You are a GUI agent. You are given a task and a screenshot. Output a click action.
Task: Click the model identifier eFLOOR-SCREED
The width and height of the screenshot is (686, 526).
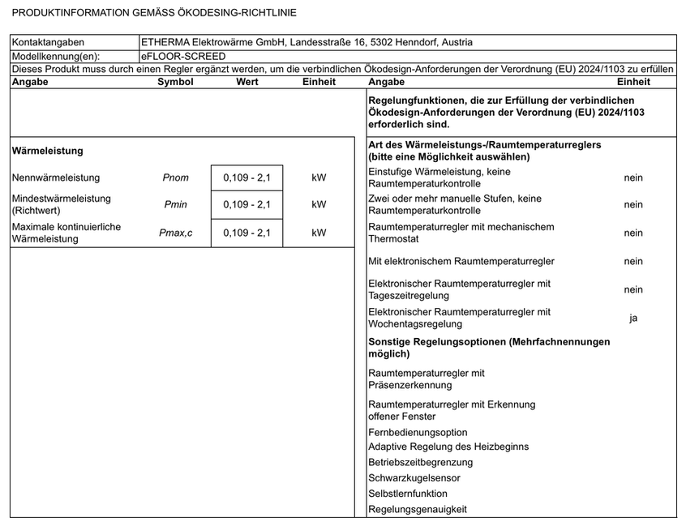[183, 57]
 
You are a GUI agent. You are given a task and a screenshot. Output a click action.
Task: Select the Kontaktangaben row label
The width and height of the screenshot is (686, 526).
[48, 43]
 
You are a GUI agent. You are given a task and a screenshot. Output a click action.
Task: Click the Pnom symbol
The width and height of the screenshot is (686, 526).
[175, 177]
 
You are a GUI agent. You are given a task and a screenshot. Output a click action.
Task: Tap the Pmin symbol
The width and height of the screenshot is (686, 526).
[175, 205]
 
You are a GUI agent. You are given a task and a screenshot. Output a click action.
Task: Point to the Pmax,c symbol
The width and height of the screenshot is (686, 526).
[175, 233]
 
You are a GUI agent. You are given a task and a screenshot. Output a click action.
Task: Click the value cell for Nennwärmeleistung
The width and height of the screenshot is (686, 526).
[247, 177]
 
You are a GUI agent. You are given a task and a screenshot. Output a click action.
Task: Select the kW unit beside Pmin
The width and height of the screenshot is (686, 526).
[319, 205]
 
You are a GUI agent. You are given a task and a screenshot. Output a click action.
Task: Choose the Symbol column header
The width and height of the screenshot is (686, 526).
[175, 82]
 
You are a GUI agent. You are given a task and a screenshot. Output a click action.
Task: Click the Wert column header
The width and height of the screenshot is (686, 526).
[247, 82]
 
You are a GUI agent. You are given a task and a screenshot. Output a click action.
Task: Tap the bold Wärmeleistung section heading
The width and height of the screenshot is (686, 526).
[48, 151]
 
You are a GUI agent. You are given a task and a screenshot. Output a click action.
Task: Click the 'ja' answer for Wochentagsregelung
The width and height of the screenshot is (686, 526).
[633, 318]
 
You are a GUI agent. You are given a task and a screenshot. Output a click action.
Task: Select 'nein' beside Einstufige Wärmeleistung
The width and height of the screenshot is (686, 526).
[633, 177]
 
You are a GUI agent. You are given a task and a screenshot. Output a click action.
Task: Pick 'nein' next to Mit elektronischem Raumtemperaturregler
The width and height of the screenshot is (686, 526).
[633, 261]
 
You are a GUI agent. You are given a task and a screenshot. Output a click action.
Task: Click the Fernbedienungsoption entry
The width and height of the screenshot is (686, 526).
[418, 432]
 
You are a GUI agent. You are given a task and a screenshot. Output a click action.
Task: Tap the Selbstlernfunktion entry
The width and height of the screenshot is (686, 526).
[407, 494]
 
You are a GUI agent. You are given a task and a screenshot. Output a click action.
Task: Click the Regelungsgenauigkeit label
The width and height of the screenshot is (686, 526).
[417, 509]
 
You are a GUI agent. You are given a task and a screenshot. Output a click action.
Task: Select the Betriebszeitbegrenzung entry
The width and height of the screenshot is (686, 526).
[420, 463]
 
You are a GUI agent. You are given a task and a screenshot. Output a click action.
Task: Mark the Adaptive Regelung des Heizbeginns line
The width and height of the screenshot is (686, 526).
[448, 447]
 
